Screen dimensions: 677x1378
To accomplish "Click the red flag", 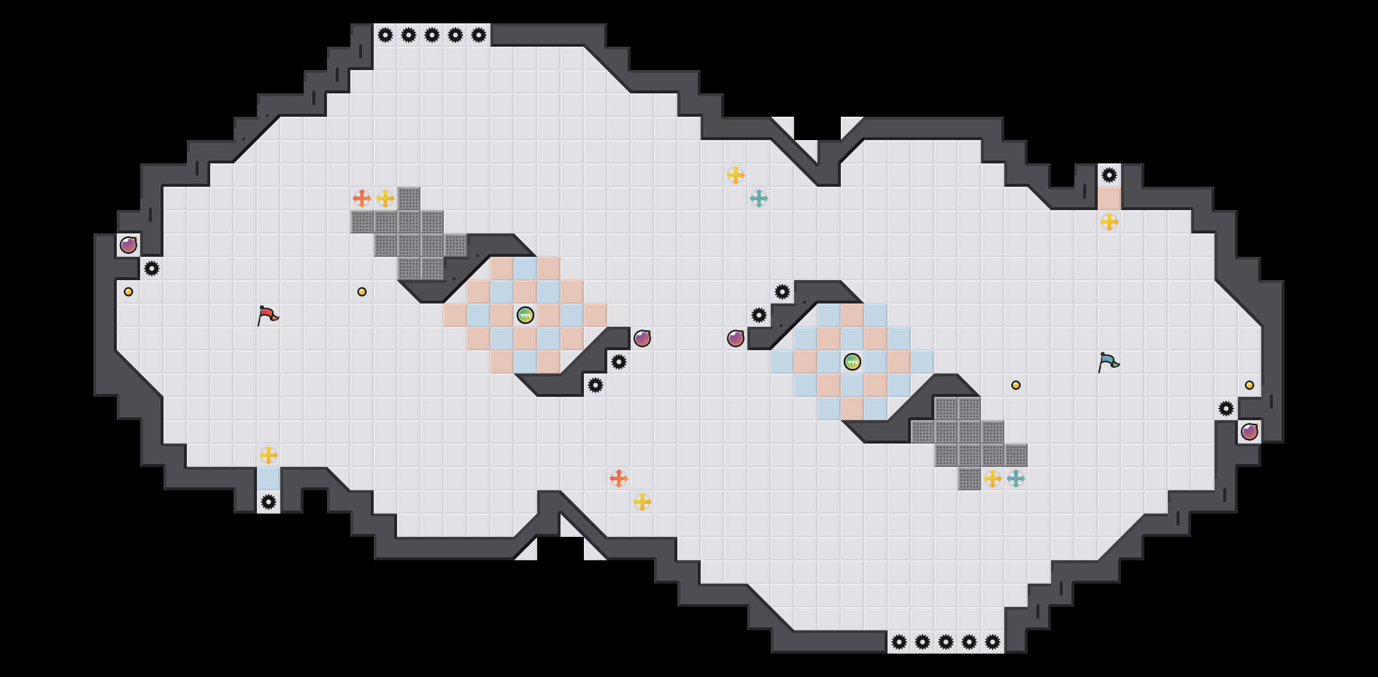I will pyautogui.click(x=267, y=316).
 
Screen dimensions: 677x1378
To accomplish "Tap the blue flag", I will pyautogui.click(x=1108, y=362).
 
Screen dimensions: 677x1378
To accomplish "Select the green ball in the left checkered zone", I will pyautogui.click(x=526, y=315).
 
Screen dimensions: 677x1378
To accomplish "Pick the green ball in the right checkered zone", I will pyautogui.click(x=852, y=362).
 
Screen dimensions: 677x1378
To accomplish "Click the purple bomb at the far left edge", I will pyautogui.click(x=128, y=245).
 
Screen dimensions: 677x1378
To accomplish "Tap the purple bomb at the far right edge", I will pyautogui.click(x=1250, y=432).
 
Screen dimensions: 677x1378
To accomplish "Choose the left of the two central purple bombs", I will pyautogui.click(x=642, y=338).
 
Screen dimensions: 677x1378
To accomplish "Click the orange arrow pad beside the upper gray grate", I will pyautogui.click(x=362, y=198).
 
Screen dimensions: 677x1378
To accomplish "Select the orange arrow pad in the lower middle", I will pyautogui.click(x=619, y=479).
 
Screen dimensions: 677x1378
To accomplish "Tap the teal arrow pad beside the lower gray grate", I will pyautogui.click(x=1016, y=479).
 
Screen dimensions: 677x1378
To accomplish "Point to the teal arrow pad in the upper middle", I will pyautogui.click(x=759, y=198).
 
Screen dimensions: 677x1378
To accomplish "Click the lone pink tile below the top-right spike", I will pyautogui.click(x=1109, y=198).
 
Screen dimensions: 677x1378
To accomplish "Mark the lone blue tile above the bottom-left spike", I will pyautogui.click(x=269, y=479).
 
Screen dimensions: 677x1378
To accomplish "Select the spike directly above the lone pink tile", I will pyautogui.click(x=1109, y=175).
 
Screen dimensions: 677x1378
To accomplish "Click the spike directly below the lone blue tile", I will pyautogui.click(x=269, y=502).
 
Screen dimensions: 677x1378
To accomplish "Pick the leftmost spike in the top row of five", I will pyautogui.click(x=385, y=35).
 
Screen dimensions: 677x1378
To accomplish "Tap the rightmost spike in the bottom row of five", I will pyautogui.click(x=993, y=642).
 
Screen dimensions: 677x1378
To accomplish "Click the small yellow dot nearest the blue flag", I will pyautogui.click(x=1016, y=385).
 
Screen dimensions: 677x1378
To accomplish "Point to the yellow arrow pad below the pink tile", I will pyautogui.click(x=1109, y=222).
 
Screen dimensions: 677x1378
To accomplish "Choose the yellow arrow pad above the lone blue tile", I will pyautogui.click(x=269, y=455).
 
